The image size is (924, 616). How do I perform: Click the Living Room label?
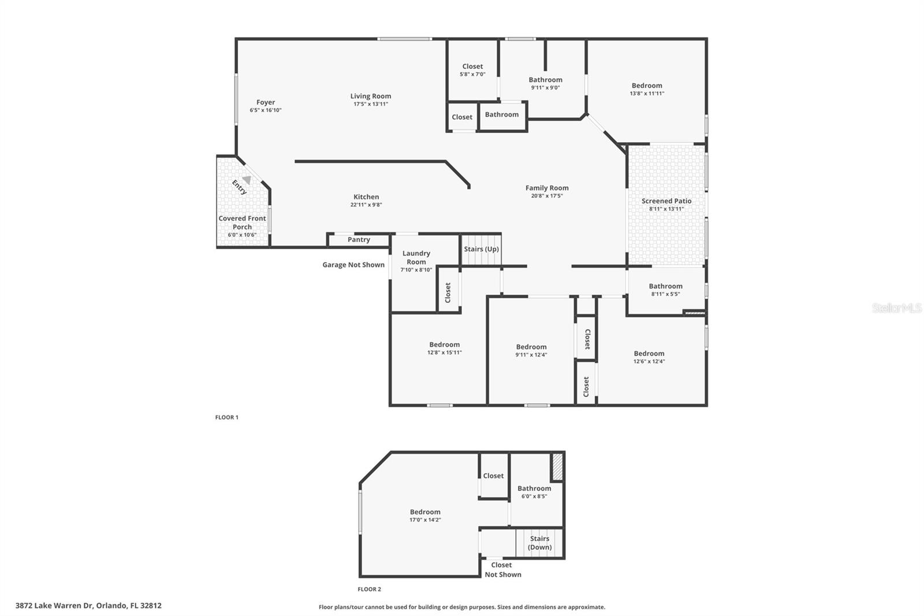coord(370,97)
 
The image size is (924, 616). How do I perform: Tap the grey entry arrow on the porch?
coord(247,180)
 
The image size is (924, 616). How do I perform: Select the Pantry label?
coord(359,240)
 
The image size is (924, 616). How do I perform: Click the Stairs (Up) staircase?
coord(481,250)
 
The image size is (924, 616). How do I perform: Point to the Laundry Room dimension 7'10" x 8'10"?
coord(416,270)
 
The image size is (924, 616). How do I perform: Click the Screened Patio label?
coord(666,201)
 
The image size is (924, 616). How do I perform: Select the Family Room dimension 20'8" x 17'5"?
coord(546,196)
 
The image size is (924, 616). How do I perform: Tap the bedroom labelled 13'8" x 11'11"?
coord(646,89)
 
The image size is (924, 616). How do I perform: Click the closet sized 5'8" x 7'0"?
coord(472,70)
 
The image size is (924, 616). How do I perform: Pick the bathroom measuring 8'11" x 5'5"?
coord(665,290)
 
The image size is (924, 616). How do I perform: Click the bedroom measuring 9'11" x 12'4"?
coord(531,350)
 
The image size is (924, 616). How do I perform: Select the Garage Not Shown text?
coord(353,265)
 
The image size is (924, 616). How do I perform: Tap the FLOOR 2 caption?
coord(369,589)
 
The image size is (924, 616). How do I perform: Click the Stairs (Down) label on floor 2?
coord(540,543)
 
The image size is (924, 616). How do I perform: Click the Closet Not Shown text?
coord(502,570)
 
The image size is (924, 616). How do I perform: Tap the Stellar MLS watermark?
coord(896,308)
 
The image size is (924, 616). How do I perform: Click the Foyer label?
coord(266,102)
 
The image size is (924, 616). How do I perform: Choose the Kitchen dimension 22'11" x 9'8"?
coord(366,205)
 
